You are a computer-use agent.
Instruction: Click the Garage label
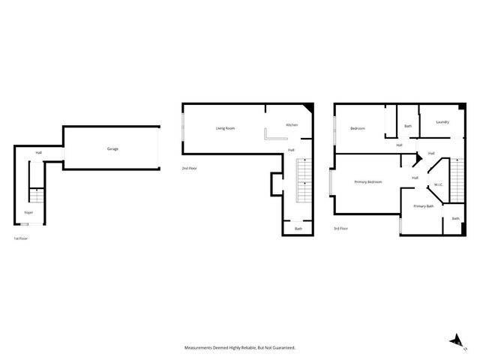coord(112,148)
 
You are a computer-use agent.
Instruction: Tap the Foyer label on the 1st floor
coord(28,212)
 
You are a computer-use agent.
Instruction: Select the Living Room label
coord(225,128)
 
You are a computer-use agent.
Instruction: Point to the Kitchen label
coord(292,124)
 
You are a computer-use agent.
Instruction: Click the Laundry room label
coord(442,121)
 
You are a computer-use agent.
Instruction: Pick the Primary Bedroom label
coord(368,182)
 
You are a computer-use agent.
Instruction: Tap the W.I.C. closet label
coord(438,185)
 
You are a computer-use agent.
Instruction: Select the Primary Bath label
coord(424,206)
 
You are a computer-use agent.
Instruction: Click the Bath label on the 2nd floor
coord(298,229)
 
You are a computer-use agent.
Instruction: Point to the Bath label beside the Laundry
coord(408,126)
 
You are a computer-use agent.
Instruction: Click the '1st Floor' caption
coord(21,238)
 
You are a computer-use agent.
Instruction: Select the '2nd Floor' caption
coord(190,168)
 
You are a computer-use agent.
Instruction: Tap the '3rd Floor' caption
coord(341,229)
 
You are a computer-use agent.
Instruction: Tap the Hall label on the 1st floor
coord(38,154)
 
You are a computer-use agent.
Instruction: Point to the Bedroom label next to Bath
coord(358,128)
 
